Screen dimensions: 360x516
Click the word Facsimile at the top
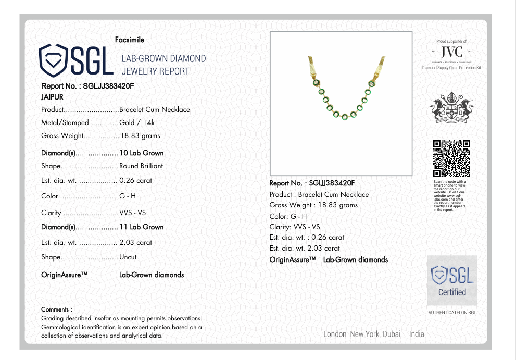coord(130,40)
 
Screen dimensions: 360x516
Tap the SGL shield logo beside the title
coord(54,59)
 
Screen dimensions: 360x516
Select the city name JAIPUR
coord(52,97)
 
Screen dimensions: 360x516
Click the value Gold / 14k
coord(137,123)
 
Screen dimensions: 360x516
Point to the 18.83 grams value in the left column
coord(140,135)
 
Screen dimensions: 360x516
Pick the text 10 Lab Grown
coord(142,153)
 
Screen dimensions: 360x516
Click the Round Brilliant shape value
coord(141,166)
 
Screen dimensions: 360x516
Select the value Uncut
coord(128,257)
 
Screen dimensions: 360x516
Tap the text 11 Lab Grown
coord(142,227)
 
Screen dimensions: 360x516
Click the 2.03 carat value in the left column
coord(135,242)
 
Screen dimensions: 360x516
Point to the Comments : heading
coord(57,309)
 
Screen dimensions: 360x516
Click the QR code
coord(451,158)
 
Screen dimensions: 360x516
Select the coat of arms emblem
coord(451,108)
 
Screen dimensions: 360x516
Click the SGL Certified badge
coord(452,280)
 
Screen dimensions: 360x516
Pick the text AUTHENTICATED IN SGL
coord(452,313)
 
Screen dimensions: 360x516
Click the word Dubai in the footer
coord(392,334)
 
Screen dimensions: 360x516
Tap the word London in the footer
coord(335,334)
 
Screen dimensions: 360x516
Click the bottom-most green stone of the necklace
coord(344,116)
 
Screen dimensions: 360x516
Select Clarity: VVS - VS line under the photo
coord(295,227)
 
